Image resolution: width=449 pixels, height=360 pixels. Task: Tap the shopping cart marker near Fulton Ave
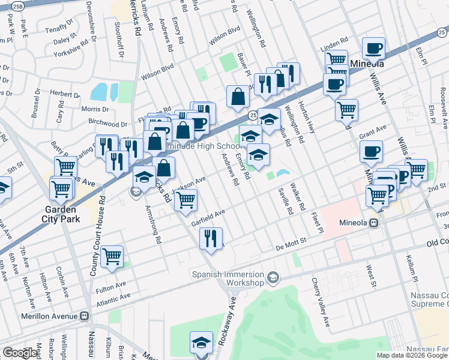[x=112, y=256]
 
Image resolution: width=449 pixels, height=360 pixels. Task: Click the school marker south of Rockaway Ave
[x=201, y=342]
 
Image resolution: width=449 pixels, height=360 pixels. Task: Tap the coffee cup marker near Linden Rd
[x=373, y=48]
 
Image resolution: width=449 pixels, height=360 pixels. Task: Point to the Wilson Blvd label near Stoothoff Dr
[x=157, y=72]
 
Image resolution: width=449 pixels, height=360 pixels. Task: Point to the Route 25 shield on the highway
[x=253, y=115]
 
